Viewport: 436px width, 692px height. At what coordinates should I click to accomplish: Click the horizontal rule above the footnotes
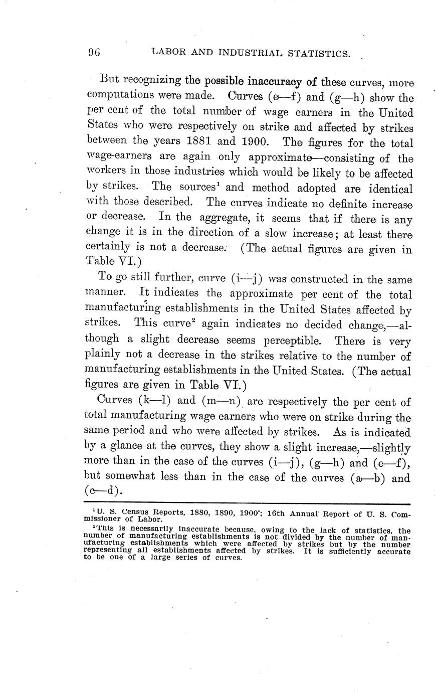point(248,503)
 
